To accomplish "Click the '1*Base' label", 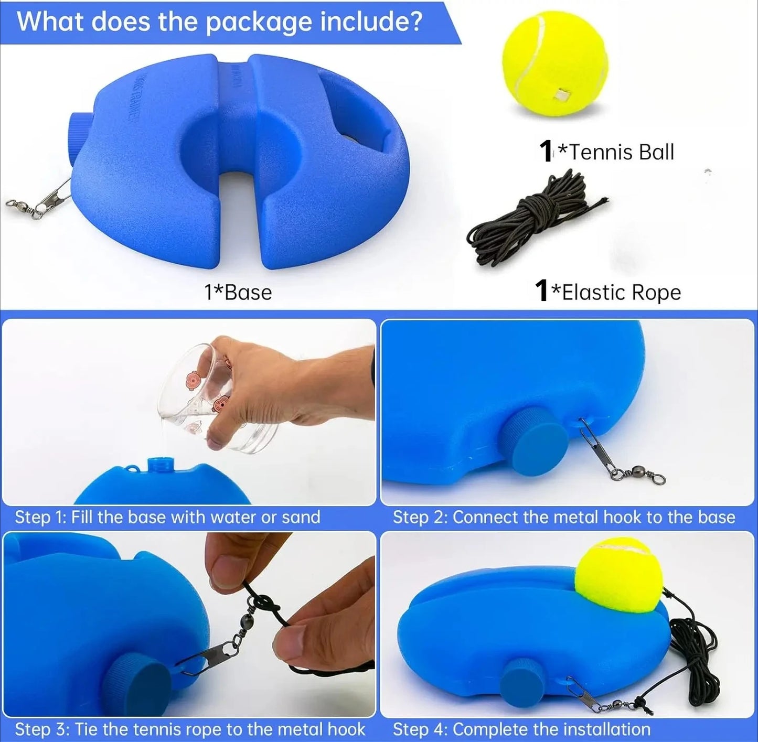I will click(x=238, y=293).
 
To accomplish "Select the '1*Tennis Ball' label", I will click(x=606, y=152).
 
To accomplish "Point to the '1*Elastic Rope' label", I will click(x=607, y=292).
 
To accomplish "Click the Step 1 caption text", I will click(x=167, y=517).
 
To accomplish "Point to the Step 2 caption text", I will click(x=563, y=517).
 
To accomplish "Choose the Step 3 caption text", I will click(x=189, y=729).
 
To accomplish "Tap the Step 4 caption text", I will click(x=521, y=729).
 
